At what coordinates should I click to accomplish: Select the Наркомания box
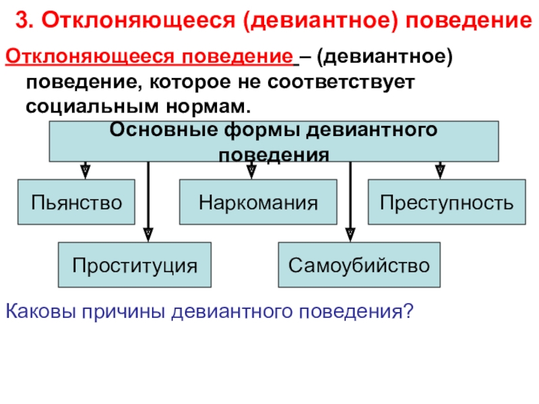tap(257, 202)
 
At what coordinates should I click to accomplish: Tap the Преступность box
tap(446, 202)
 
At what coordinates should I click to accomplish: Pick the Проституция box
tap(135, 265)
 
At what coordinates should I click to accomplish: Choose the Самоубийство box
tap(359, 265)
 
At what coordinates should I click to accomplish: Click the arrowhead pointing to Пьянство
tap(86, 170)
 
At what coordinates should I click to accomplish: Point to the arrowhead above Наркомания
tap(251, 170)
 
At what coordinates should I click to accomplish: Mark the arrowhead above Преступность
tap(440, 170)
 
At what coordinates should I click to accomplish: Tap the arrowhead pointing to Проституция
tap(148, 234)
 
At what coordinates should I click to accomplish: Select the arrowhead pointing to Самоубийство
tap(350, 234)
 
